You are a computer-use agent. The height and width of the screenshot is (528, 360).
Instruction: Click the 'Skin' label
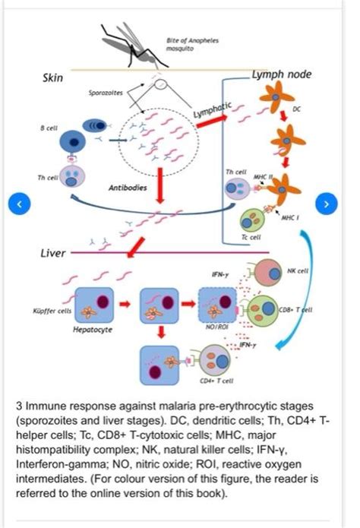pos(53,78)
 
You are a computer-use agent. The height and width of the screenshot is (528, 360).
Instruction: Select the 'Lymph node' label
pos(282,74)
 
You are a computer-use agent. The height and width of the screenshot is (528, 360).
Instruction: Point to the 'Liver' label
pos(53,252)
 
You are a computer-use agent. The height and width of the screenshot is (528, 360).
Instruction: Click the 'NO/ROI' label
pos(219,326)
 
